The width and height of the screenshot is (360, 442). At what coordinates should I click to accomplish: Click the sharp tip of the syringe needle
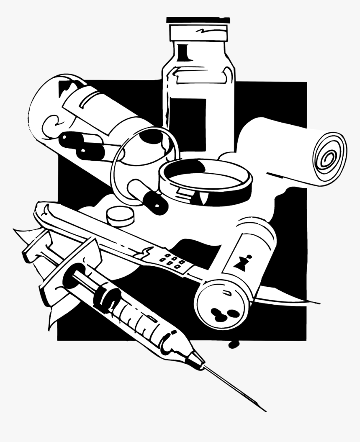point(265,410)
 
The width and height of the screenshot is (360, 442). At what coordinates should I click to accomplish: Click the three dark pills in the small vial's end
point(222,312)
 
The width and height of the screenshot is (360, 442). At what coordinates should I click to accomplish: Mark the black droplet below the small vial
point(233,344)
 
